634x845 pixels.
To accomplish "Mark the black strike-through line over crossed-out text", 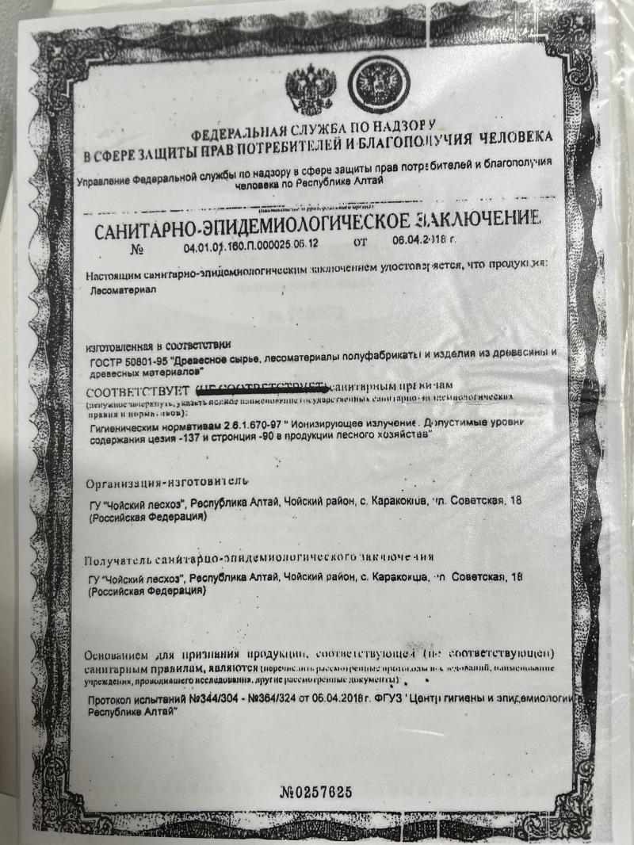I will click(262, 388).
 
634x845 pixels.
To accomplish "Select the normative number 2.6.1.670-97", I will click(227, 427).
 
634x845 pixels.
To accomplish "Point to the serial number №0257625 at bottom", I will click(316, 792).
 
